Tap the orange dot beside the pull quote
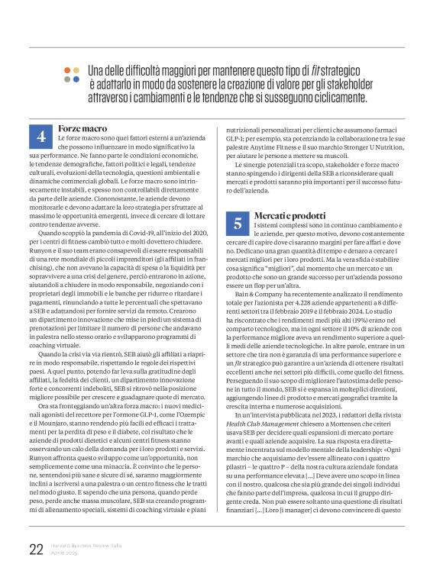tap(67, 69)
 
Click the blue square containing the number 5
tap(238, 223)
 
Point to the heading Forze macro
tap(82, 128)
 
